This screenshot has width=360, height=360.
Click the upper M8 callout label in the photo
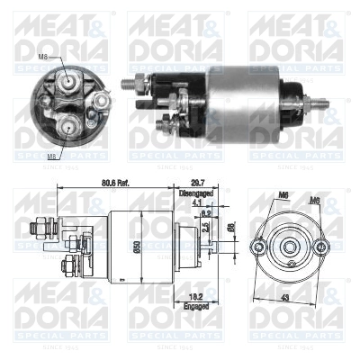44,58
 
